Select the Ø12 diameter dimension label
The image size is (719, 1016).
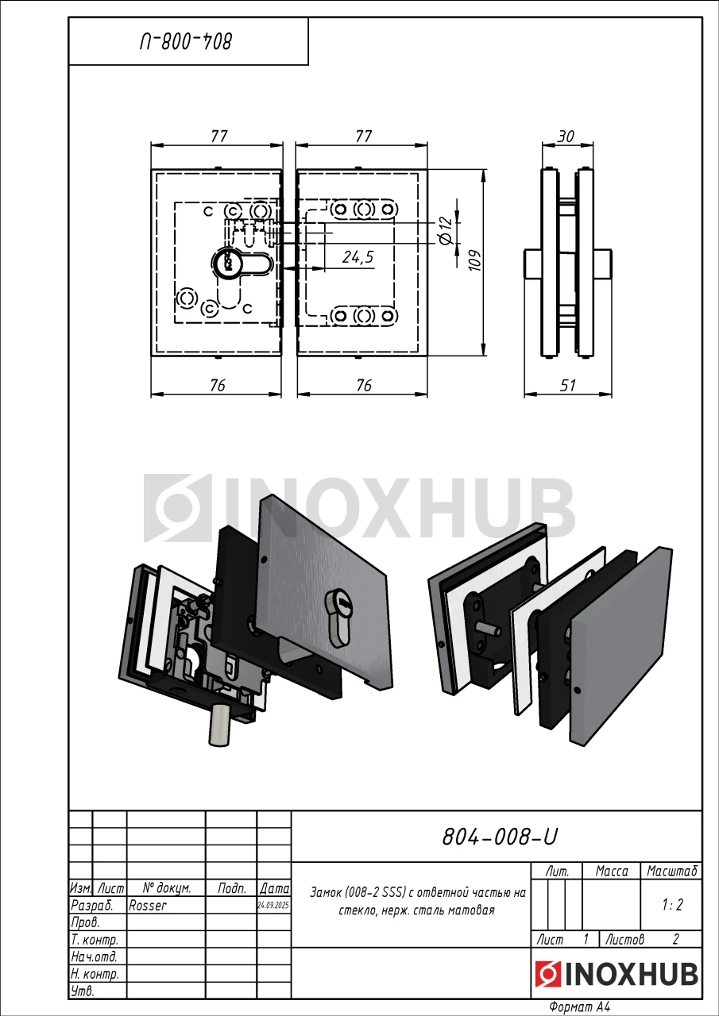446,231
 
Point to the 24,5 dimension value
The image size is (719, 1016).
358,257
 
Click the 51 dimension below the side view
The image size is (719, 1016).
568,386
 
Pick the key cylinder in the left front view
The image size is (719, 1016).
224,262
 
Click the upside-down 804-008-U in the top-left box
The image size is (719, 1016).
186,42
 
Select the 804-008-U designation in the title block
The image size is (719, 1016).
499,837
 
